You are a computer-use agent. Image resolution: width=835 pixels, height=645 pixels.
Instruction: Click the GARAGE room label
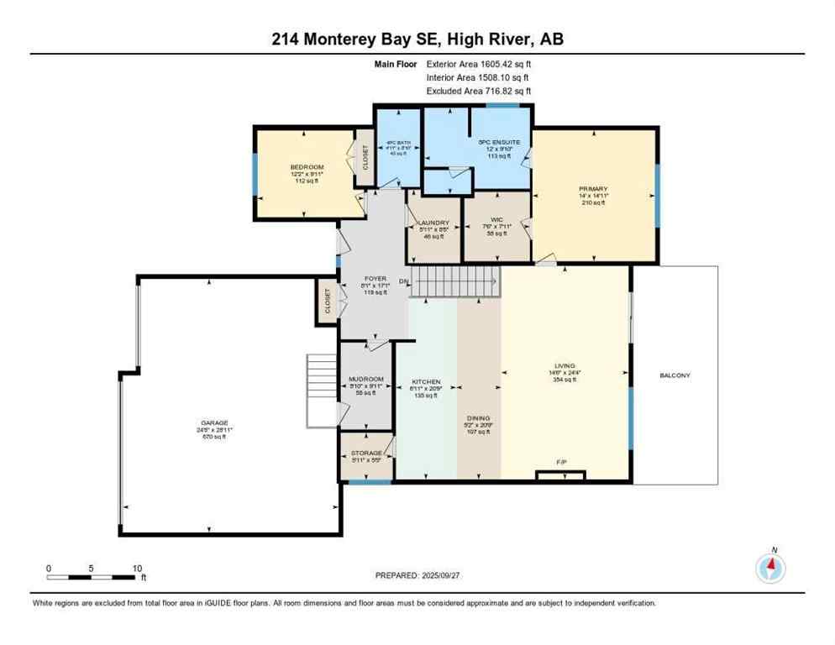213,422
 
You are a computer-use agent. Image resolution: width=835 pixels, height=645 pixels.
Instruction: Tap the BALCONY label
674,375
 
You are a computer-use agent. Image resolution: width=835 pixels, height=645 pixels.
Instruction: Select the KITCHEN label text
426,381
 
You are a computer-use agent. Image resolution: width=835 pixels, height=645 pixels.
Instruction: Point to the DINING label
479,417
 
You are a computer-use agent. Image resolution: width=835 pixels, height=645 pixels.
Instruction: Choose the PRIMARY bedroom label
593,189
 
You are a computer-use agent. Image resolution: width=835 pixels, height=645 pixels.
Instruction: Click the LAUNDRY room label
434,223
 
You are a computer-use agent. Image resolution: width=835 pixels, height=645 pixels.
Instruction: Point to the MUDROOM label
365,379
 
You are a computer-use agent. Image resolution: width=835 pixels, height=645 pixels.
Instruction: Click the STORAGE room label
365,453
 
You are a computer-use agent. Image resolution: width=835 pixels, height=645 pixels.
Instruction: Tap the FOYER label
374,278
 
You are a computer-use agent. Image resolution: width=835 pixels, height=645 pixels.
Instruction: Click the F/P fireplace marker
561,463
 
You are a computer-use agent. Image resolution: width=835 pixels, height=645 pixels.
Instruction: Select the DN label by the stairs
404,281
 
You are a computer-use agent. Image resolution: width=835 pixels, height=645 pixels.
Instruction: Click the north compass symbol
770,569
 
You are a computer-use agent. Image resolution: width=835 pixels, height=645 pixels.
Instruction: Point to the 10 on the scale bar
136,568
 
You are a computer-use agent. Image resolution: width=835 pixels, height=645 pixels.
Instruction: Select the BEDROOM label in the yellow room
307,167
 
